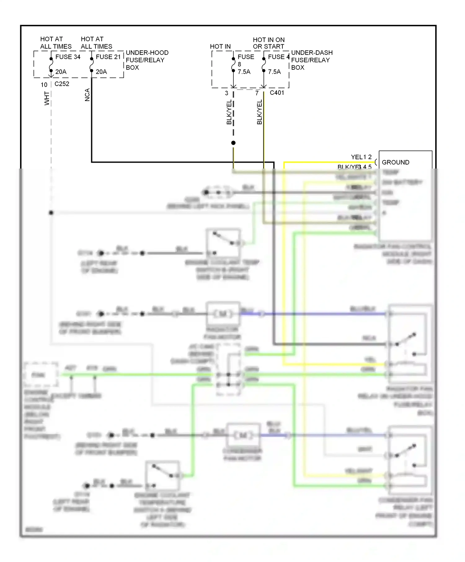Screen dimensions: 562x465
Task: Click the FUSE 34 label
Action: click(68, 57)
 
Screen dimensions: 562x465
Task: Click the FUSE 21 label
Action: click(108, 57)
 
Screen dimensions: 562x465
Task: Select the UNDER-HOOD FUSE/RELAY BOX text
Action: click(147, 60)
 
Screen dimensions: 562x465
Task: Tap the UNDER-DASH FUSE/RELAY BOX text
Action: click(312, 60)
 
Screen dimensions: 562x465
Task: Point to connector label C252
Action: click(62, 84)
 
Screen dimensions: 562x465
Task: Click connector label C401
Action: click(277, 93)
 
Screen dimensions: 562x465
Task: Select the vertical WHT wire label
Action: click(47, 98)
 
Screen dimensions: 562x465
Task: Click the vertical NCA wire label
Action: click(87, 95)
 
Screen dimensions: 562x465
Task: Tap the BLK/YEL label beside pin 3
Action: click(229, 112)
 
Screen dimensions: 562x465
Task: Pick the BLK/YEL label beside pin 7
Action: click(259, 112)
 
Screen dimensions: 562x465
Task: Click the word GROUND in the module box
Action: click(395, 162)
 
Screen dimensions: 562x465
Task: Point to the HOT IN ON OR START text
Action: click(268, 43)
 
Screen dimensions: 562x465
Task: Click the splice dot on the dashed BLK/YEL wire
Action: click(233, 143)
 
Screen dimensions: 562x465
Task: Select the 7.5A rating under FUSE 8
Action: click(244, 72)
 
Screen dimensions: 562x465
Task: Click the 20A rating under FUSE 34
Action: click(61, 72)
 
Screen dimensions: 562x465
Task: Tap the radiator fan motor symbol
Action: click(223, 314)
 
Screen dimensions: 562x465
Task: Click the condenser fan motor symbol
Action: click(243, 435)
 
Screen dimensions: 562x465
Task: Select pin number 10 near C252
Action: click(44, 85)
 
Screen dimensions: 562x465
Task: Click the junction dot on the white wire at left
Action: click(51, 213)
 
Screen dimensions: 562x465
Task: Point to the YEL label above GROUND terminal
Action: click(356, 157)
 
